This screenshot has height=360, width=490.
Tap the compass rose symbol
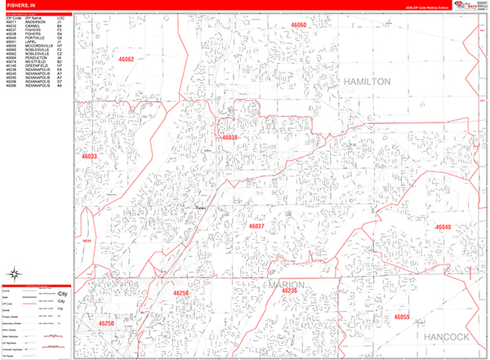click(14, 273)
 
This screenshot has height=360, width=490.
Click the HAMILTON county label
click(367, 82)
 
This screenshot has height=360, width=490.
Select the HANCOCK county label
click(446, 336)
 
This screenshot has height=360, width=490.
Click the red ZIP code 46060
click(297, 26)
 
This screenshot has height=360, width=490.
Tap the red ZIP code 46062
click(125, 60)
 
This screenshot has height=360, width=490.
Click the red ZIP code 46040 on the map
click(443, 227)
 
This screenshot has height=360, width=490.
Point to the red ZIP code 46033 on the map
click(88, 156)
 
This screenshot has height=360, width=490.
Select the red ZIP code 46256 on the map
click(180, 292)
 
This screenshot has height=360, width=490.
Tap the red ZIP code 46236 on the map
click(289, 291)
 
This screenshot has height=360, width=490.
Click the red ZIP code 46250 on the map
click(107, 324)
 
